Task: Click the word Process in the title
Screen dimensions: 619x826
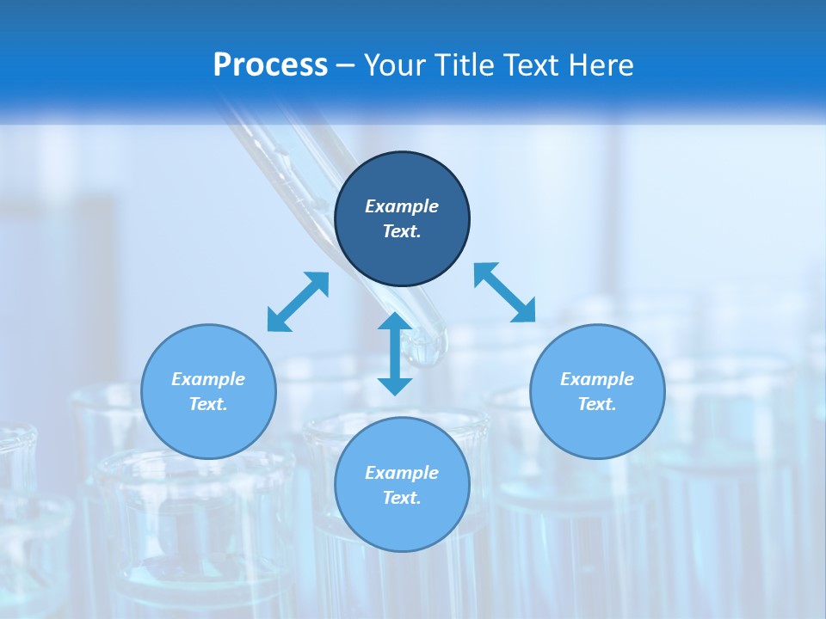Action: point(270,65)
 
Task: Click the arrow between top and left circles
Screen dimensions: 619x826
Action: point(298,302)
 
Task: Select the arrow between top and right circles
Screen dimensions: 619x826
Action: point(504,292)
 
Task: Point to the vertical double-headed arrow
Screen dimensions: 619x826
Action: point(395,353)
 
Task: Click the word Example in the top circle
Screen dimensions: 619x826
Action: point(402,206)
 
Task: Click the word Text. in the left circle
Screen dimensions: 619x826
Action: point(208,404)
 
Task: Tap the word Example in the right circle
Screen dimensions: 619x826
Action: point(597,379)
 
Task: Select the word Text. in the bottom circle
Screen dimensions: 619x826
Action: point(402,498)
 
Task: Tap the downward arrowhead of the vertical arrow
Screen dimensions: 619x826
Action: point(395,385)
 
